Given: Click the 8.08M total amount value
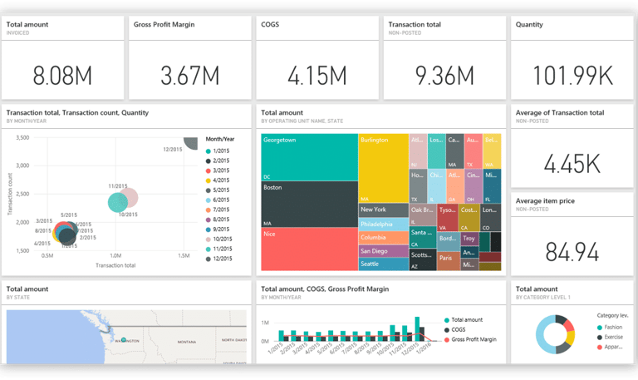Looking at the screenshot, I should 62,76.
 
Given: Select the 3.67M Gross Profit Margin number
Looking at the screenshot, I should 189,76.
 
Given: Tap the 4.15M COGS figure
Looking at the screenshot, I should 317,76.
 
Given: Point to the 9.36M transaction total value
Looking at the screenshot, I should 444,76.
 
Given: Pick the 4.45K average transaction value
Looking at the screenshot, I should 571,164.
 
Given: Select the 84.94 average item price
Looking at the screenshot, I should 571,250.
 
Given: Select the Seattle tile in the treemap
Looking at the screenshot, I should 383,264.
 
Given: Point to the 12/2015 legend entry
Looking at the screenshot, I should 222,259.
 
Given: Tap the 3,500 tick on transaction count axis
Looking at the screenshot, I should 22,137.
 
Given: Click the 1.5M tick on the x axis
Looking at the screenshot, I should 184,256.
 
